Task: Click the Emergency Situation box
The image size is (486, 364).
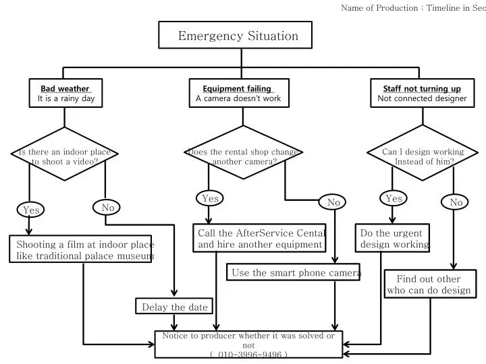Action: point(238,35)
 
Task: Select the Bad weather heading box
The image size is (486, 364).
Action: point(66,94)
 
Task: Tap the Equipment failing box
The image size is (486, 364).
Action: point(238,94)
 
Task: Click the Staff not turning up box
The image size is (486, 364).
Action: point(422,94)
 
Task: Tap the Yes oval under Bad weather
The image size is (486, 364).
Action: point(31,210)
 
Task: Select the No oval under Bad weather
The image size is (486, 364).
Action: point(108,208)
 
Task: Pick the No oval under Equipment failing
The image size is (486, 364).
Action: point(333,202)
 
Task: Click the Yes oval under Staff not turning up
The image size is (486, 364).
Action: point(394,198)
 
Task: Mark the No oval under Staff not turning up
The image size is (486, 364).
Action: point(456,202)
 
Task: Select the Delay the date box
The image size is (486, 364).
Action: point(175,307)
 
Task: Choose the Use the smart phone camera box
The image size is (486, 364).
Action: point(292,272)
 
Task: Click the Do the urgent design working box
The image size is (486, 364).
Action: point(394,238)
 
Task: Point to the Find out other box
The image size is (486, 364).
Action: point(429,284)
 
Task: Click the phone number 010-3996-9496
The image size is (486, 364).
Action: point(249,354)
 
